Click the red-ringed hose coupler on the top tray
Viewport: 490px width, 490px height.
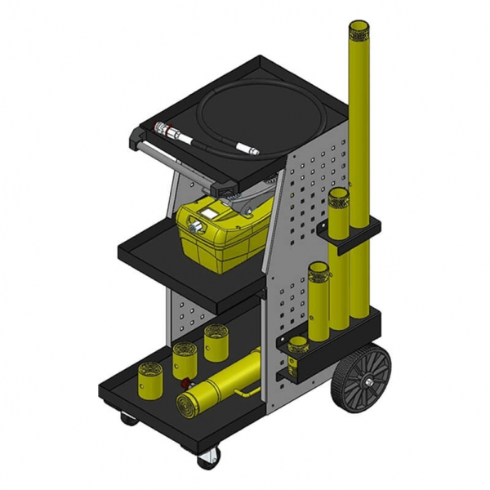[x=163, y=130]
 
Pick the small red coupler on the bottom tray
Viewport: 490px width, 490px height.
[x=187, y=382]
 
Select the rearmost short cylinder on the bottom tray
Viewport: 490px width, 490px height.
[x=216, y=341]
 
